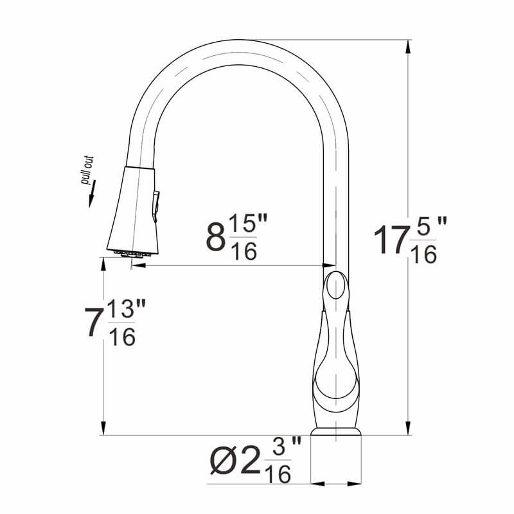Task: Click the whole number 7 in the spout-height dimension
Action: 94,323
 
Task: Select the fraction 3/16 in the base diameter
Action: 280,460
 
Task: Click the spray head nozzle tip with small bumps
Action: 134,252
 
